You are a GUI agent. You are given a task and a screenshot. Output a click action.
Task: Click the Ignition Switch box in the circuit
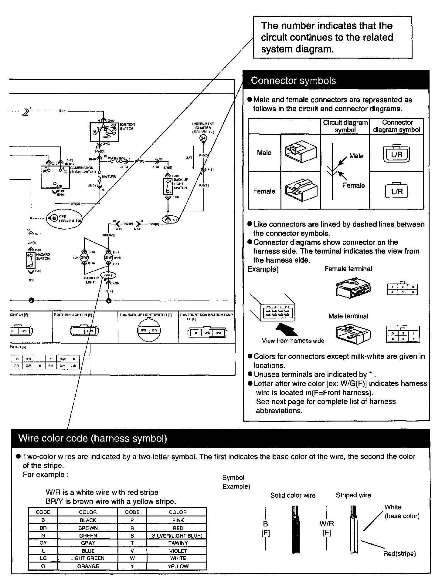pos(104,132)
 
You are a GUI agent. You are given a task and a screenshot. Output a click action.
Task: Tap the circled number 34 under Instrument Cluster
pos(203,138)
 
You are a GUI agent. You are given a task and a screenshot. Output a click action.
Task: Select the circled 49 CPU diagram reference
pos(54,218)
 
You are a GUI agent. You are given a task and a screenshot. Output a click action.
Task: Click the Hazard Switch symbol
pos(30,260)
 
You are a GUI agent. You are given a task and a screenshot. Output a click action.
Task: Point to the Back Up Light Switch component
pos(168,187)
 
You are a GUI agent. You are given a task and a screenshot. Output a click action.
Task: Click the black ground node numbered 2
pos(31,301)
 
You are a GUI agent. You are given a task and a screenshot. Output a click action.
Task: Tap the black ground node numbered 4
pos(109,301)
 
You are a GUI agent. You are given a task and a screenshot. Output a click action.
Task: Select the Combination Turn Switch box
pos(55,177)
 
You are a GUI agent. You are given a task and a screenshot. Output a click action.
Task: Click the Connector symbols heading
pos(293,81)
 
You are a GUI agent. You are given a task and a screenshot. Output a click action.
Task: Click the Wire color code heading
pos(93,439)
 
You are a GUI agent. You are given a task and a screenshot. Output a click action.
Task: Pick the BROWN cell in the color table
pos(88,528)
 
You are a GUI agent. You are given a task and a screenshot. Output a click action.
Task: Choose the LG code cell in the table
pos(43,558)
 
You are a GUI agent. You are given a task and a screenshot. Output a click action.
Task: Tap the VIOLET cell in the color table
pos(178,551)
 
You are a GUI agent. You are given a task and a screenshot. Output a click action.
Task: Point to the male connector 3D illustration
pos(301,153)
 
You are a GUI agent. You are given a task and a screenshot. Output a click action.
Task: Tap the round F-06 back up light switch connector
pos(149,330)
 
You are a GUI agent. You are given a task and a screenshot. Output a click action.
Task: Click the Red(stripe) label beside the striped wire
pos(399,554)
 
